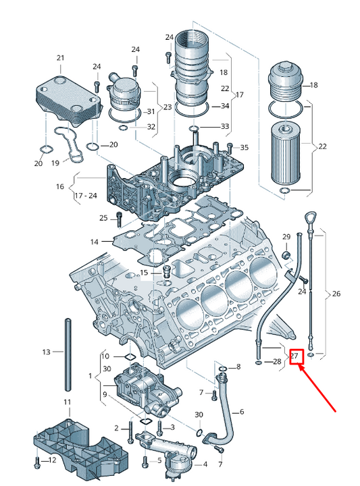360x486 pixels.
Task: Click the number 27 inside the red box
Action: pyautogui.click(x=294, y=356)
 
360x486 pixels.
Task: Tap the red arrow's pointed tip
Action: pyautogui.click(x=299, y=364)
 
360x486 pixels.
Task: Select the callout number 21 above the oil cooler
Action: pyautogui.click(x=61, y=57)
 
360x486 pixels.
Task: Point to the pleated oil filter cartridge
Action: pyautogui.click(x=286, y=155)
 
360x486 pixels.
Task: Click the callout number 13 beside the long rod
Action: pyautogui.click(x=47, y=352)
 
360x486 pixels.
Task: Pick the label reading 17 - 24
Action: pyautogui.click(x=86, y=196)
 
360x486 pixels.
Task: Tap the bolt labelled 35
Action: pyautogui.click(x=230, y=148)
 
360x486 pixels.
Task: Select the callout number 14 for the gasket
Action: pyautogui.click(x=95, y=242)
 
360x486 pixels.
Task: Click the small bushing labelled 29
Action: pyautogui.click(x=286, y=256)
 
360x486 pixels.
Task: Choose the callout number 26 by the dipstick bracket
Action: pyautogui.click(x=336, y=293)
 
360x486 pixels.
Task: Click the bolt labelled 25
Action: pyautogui.click(x=119, y=219)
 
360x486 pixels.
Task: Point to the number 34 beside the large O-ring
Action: pyautogui.click(x=225, y=106)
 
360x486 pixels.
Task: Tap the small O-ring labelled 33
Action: pyautogui.click(x=193, y=128)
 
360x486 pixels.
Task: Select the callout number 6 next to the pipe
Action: pyautogui.click(x=242, y=412)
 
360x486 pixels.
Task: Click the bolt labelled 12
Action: pyautogui.click(x=37, y=462)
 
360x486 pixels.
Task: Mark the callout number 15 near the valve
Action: pyautogui.click(x=144, y=273)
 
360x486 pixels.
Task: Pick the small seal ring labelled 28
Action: pyautogui.click(x=258, y=362)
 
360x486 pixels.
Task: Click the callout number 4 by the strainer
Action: pyautogui.click(x=205, y=464)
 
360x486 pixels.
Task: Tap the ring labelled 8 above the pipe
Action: pyautogui.click(x=222, y=369)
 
